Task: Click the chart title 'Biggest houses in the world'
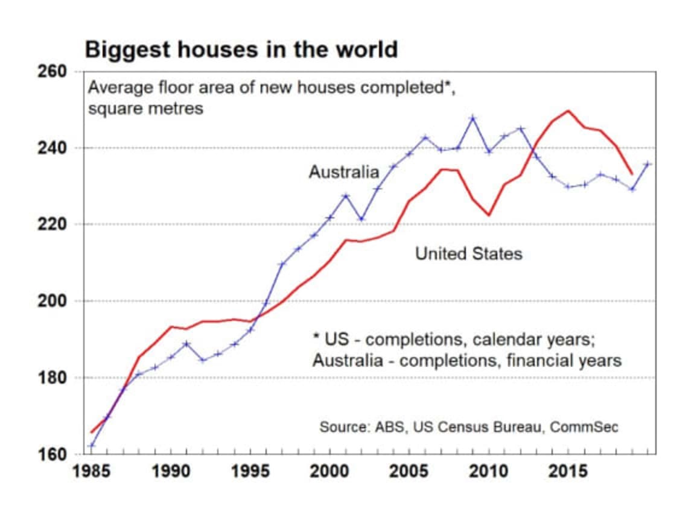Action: pyautogui.click(x=241, y=49)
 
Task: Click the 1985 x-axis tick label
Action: pyautogui.click(x=92, y=471)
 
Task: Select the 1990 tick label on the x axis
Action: pyautogui.click(x=171, y=471)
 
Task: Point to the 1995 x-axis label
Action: pyautogui.click(x=250, y=471)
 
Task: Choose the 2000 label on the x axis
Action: pyautogui.click(x=329, y=471)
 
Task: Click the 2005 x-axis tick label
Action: pyautogui.click(x=409, y=471)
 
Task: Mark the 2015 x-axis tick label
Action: pyautogui.click(x=567, y=471)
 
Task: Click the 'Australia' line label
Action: pyautogui.click(x=344, y=173)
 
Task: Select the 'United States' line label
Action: pyautogui.click(x=468, y=254)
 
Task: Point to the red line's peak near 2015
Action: pyautogui.click(x=567, y=111)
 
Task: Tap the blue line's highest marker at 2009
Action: pyautogui.click(x=472, y=118)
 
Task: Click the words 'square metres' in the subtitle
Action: pyautogui.click(x=145, y=109)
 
